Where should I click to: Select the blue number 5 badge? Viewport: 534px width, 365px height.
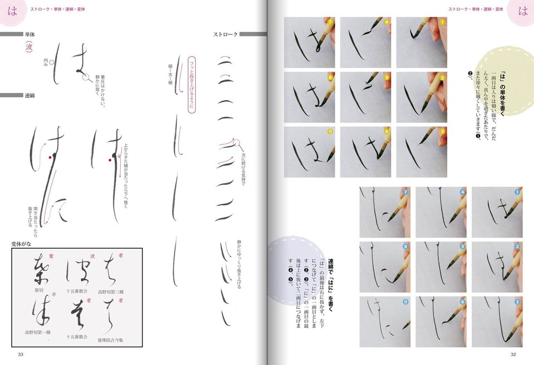pos(462,246)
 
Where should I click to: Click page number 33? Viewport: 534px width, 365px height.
pos(21,354)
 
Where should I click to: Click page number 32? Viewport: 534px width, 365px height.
pos(513,354)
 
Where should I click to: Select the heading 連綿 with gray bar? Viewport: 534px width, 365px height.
pos(29,96)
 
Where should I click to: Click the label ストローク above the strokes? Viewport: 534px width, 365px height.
pos(225,34)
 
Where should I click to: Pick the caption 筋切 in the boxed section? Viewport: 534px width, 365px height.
pos(38,290)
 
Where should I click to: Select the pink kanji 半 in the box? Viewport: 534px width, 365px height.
pos(53,295)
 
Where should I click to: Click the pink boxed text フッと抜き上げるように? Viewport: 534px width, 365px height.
pos(192,83)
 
